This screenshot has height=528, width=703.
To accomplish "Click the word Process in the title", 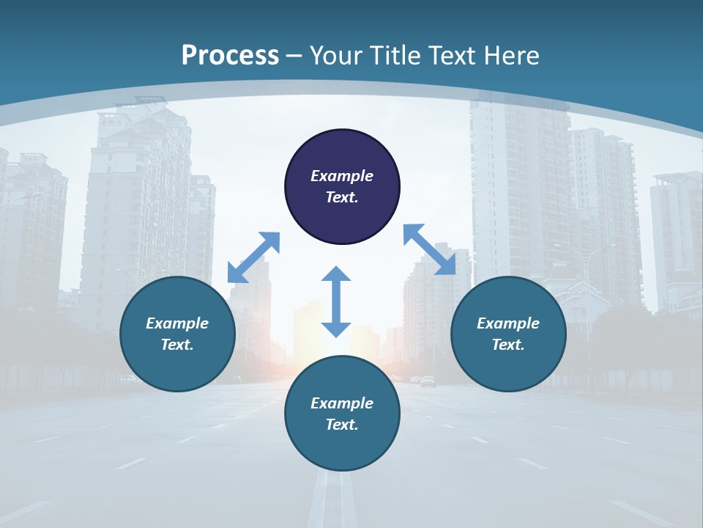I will point(230,56).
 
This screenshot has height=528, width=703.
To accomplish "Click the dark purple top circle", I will point(342,150).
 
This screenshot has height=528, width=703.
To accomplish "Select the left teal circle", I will point(177,359).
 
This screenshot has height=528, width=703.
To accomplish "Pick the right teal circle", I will point(508,359).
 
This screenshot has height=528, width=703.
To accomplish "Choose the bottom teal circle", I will point(342,444).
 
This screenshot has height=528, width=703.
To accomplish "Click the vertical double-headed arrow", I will point(336,301).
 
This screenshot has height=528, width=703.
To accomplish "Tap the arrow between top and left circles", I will point(253,257).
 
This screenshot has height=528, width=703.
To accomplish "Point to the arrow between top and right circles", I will point(429,249).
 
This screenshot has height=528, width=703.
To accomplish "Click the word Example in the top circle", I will point(342,176).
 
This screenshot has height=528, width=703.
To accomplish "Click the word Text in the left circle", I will point(177,345).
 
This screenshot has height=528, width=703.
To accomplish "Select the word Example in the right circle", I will point(508,323).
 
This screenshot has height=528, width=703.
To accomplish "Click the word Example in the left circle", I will point(177,323).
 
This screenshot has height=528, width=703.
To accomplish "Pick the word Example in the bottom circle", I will point(342,403).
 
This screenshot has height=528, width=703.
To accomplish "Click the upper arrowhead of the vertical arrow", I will point(336,274).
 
